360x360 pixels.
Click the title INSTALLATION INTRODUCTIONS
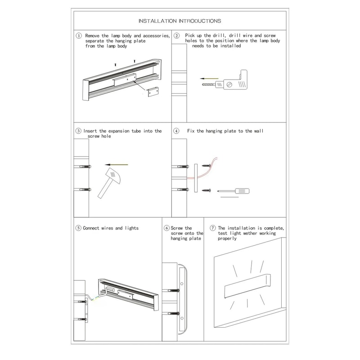(180, 21)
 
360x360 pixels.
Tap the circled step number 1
(79, 36)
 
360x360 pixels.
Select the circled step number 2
(177, 36)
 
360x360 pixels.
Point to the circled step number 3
(79, 131)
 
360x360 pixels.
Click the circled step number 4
(177, 131)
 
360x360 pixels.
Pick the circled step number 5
(78, 228)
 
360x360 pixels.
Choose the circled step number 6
(166, 228)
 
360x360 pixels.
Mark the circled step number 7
(213, 228)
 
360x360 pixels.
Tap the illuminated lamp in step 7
(247, 288)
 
